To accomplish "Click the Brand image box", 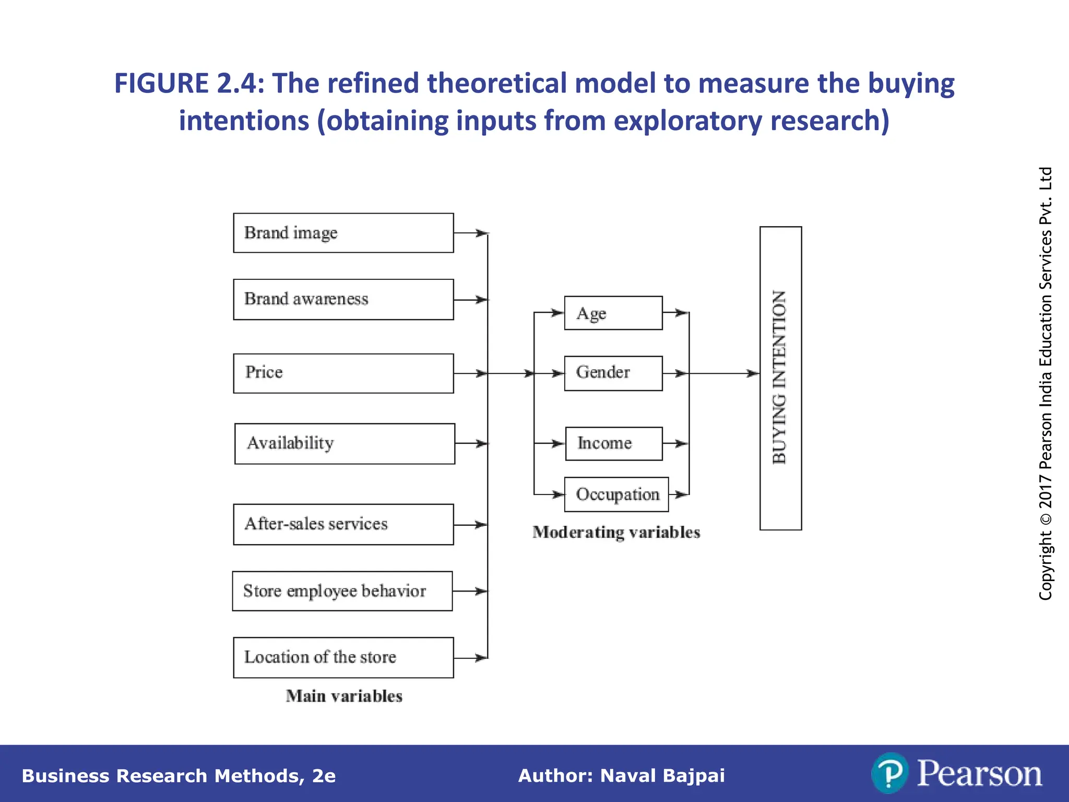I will (343, 233).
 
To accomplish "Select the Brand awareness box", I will (343, 299).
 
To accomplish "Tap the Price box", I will (343, 373).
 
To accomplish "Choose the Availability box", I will (345, 444).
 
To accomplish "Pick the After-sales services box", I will (343, 524).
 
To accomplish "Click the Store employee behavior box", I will (342, 591).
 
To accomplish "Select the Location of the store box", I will (343, 657).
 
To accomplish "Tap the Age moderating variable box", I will (613, 313).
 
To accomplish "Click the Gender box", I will (613, 373).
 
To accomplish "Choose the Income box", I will (614, 444).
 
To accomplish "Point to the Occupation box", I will (616, 494).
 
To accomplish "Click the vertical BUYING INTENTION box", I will (780, 378).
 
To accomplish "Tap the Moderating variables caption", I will (616, 533).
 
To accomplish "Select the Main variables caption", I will (344, 696).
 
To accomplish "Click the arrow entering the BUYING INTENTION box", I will (752, 373).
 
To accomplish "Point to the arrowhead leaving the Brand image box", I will (481, 233).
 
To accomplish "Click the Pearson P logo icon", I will (889, 773).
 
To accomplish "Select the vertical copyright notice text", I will (1046, 384).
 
